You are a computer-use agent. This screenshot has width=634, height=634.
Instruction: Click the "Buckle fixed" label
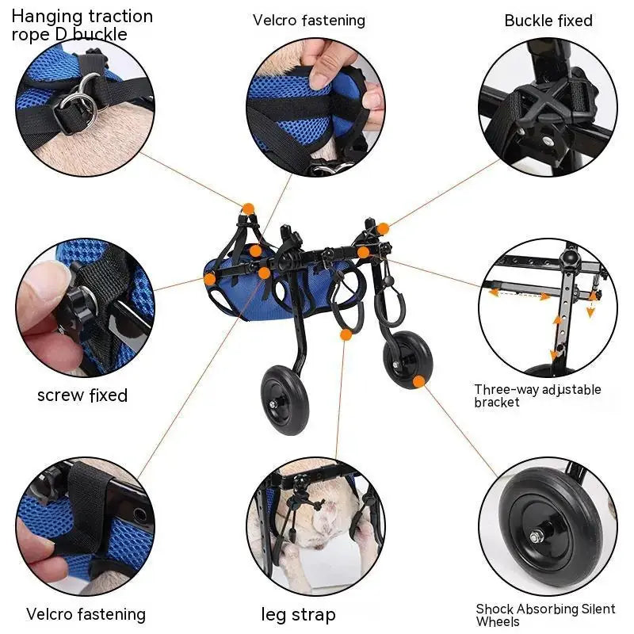click(x=548, y=21)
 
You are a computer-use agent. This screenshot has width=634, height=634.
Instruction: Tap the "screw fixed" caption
click(x=82, y=395)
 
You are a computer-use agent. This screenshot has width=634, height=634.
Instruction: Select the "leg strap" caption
click(x=299, y=614)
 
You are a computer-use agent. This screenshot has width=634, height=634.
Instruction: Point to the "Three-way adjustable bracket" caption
click(x=537, y=395)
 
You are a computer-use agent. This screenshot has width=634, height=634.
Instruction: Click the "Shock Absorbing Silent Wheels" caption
click(x=545, y=615)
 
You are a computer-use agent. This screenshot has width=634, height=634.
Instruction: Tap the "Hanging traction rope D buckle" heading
click(x=82, y=25)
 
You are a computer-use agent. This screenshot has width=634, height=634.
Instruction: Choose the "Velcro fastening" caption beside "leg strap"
click(x=86, y=614)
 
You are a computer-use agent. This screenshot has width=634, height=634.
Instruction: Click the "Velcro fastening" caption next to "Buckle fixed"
click(x=309, y=21)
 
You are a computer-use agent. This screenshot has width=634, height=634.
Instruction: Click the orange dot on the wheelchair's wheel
click(x=418, y=381)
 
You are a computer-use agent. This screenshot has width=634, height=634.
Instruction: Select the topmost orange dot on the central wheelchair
click(x=248, y=208)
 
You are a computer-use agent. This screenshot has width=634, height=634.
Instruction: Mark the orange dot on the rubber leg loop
click(x=346, y=334)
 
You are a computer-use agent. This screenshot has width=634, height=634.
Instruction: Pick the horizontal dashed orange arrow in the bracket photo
click(x=519, y=293)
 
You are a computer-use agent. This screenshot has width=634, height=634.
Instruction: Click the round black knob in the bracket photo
click(x=567, y=258)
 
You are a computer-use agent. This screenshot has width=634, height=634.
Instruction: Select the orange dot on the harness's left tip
click(x=209, y=279)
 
